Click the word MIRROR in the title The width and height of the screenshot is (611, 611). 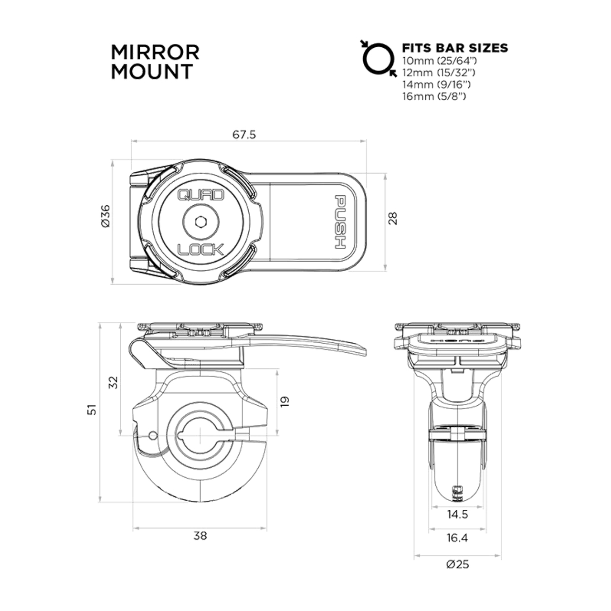point(155,53)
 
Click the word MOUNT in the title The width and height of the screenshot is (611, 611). point(152,71)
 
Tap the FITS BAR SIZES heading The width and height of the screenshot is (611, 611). point(455,48)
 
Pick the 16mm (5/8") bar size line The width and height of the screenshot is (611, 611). point(434,96)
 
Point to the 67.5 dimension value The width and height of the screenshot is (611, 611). point(244,135)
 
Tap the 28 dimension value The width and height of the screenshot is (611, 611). point(393,219)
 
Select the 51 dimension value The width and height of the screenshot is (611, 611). point(93,410)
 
